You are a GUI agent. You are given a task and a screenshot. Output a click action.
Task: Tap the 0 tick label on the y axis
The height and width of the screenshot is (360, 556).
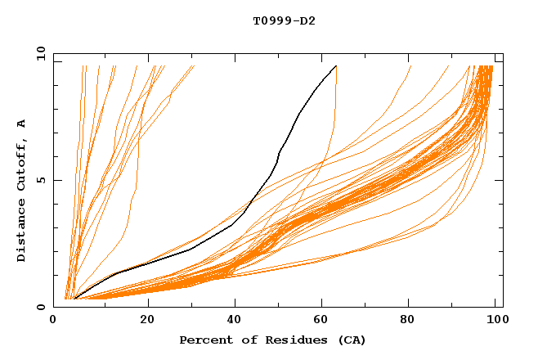point(39,307)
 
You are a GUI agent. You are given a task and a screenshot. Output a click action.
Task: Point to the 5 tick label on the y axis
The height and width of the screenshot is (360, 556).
point(39,180)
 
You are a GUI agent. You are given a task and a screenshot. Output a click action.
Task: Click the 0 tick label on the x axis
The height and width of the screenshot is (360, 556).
point(53,321)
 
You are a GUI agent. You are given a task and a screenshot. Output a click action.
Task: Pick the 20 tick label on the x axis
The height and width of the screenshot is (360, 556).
point(148,321)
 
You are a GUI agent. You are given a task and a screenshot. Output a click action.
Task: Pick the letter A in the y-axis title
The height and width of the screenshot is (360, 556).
point(21,124)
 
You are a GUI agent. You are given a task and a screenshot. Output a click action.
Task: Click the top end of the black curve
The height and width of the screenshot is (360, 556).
point(336,66)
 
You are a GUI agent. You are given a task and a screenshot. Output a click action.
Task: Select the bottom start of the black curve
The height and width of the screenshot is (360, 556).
point(74,299)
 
